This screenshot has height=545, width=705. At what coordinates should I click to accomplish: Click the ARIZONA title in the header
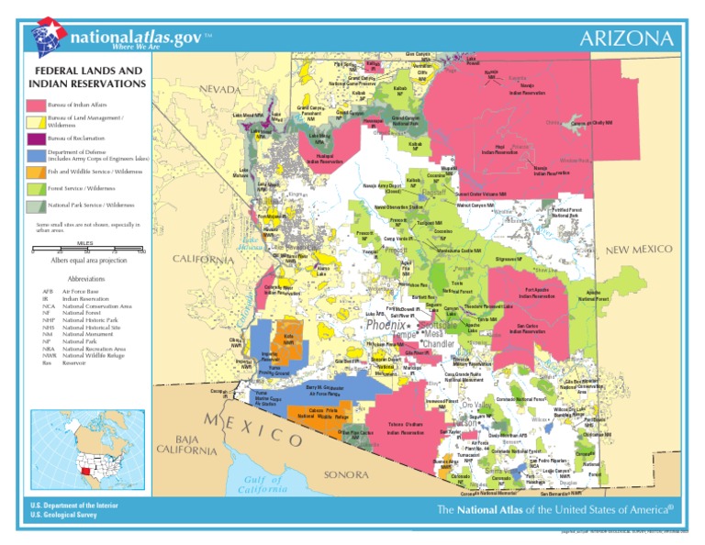point(631,39)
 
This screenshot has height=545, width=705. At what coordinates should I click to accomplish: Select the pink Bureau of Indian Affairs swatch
point(35,107)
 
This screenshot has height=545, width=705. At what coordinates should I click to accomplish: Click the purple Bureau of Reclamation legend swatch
point(35,139)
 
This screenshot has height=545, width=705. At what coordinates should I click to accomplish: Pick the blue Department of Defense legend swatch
point(35,155)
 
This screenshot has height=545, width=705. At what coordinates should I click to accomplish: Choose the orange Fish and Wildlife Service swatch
point(35,172)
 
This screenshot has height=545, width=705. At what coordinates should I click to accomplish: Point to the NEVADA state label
point(219,89)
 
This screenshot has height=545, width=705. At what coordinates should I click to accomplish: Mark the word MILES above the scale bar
point(85,243)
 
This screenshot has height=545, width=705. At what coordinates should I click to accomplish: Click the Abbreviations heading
point(86,278)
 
